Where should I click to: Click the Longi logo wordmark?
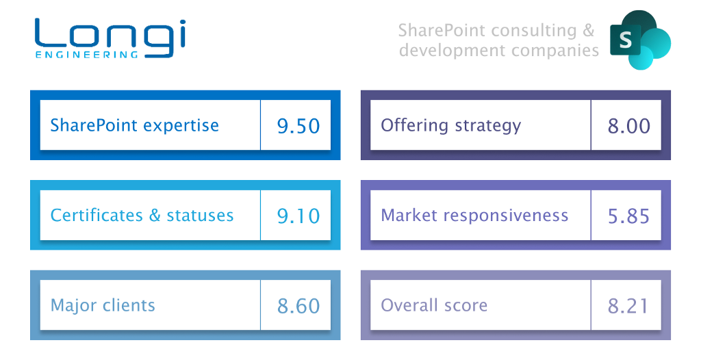[110, 38]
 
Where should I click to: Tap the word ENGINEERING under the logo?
[87, 55]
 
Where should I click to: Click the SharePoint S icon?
[640, 40]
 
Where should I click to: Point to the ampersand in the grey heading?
[589, 30]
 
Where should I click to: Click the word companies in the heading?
[555, 51]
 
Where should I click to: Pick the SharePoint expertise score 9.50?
[298, 126]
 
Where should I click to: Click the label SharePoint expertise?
[135, 125]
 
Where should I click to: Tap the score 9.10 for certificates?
[298, 216]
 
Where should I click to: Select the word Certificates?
[97, 215]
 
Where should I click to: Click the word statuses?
[200, 216]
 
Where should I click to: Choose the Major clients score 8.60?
[298, 306]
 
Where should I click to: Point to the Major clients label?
[103, 305]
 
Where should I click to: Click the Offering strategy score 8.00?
[628, 126]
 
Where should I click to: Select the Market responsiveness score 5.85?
[628, 216]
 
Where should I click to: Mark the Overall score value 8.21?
[628, 306]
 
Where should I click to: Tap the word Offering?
[414, 125]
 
